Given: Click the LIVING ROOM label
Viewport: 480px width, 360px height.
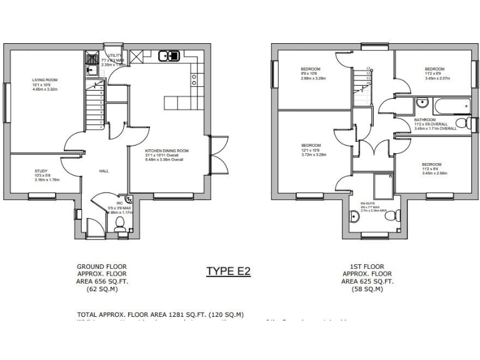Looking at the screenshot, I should click(x=45, y=80).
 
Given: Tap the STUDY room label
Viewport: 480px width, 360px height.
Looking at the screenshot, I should click(x=41, y=170).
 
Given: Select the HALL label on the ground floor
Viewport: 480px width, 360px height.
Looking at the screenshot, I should click(x=105, y=170).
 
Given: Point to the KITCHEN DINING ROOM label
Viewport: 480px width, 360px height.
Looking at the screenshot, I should click(x=167, y=151).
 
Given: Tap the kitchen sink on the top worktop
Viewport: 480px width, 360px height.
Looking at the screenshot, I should click(x=169, y=56).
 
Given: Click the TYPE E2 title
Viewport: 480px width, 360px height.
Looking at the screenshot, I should click(x=228, y=271).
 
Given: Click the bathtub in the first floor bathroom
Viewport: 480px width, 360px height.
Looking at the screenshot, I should click(x=437, y=102).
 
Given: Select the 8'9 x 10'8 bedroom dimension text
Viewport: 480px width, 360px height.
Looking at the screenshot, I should click(x=311, y=74).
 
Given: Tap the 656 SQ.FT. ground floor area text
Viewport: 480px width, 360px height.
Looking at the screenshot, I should click(x=101, y=282).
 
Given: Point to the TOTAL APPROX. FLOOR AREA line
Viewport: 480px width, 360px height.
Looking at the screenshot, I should click(x=160, y=314).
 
